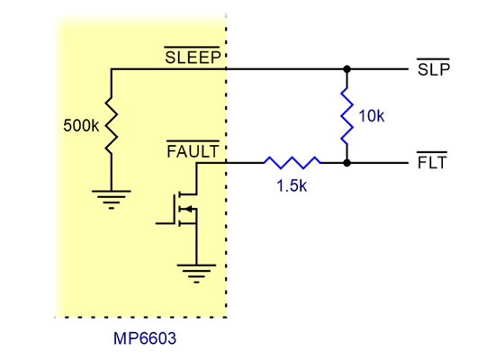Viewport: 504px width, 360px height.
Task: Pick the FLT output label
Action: coord(433,164)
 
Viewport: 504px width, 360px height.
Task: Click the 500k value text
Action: coord(82,126)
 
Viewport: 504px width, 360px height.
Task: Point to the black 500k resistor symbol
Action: coord(111,125)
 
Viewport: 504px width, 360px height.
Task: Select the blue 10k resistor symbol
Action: coord(346,115)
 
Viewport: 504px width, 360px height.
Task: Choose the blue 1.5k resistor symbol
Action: coord(292,163)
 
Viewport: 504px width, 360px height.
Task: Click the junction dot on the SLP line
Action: coord(346,69)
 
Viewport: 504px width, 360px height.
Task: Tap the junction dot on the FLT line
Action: coord(346,163)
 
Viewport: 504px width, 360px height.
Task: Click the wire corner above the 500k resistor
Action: coord(111,69)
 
